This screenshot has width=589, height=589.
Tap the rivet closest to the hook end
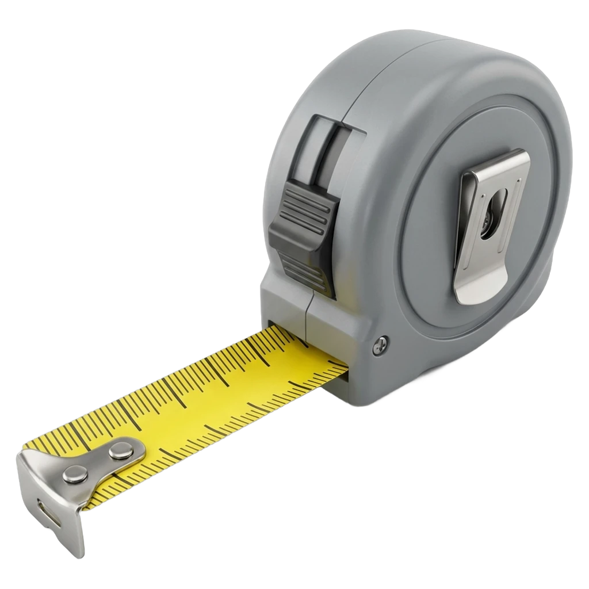tap(74, 473)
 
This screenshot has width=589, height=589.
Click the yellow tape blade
tap(219, 397)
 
